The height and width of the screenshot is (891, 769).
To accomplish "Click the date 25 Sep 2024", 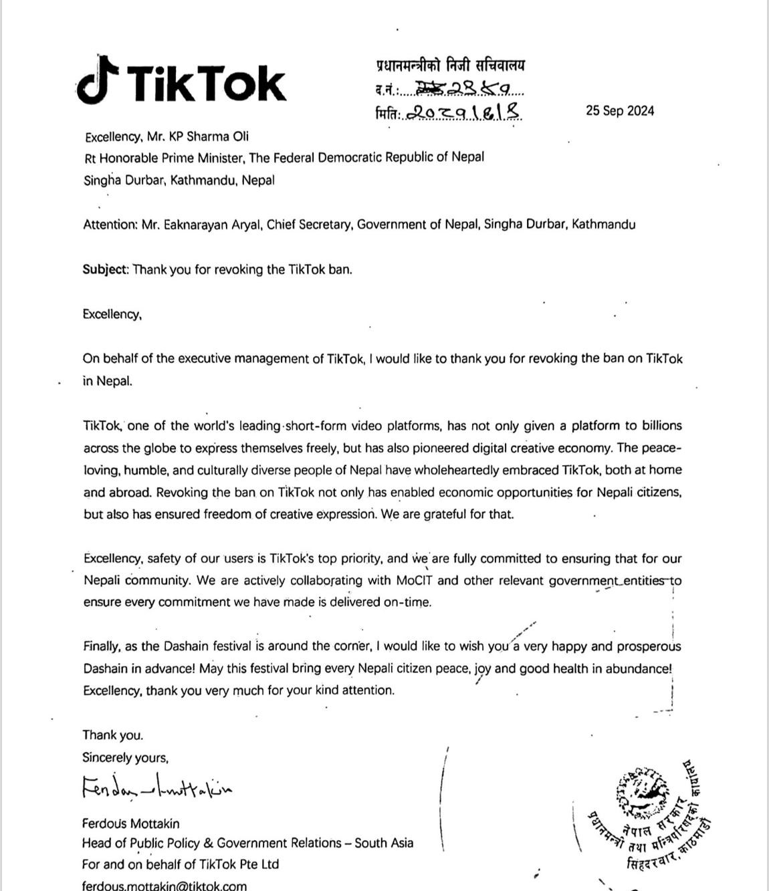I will (x=620, y=111).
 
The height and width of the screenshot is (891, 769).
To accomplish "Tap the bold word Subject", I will (x=105, y=269).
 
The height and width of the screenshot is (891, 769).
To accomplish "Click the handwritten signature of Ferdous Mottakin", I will (x=157, y=788).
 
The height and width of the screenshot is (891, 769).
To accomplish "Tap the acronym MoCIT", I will (x=415, y=580).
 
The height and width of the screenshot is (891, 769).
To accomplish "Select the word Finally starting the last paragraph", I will (x=102, y=646).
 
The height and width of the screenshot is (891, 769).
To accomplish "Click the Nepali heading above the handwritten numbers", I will (x=450, y=66).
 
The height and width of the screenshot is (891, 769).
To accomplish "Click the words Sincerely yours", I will (x=125, y=757).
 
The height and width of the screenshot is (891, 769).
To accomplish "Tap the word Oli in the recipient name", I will (x=240, y=136).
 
